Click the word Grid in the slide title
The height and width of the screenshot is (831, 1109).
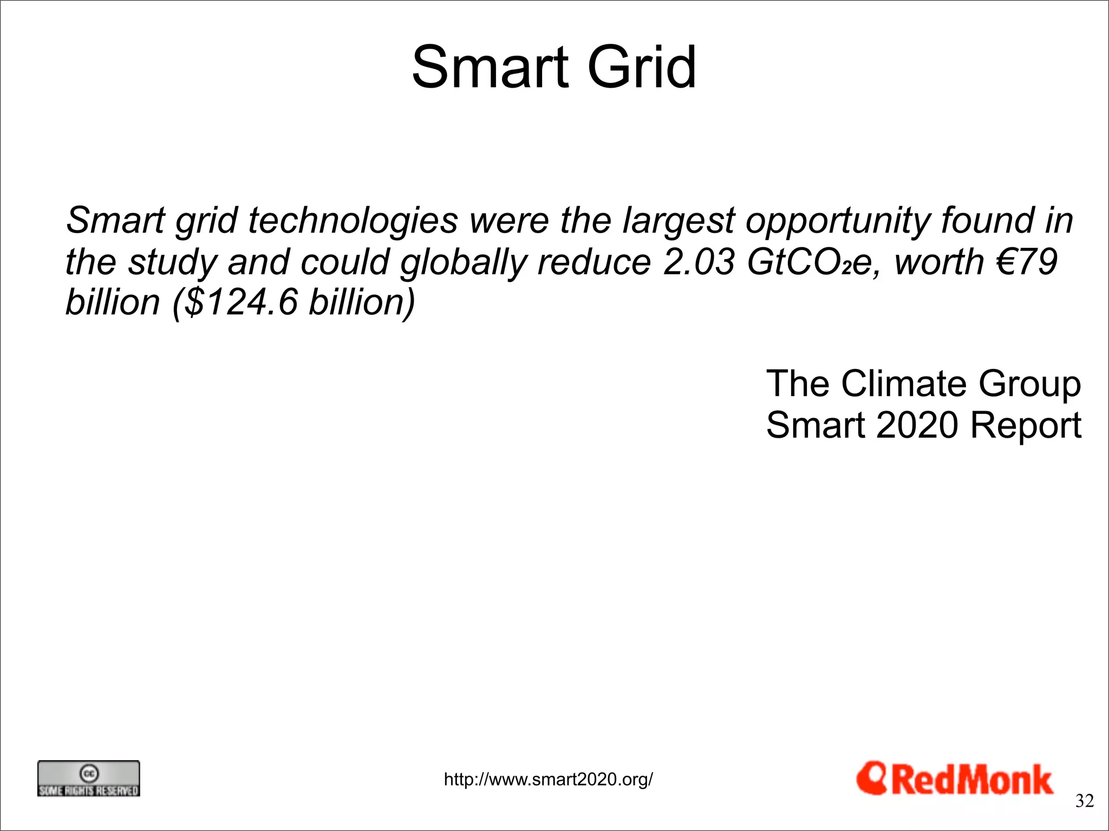(x=641, y=68)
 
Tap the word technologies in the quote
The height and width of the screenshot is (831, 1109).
(x=353, y=221)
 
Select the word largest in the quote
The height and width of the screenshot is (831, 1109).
(x=679, y=221)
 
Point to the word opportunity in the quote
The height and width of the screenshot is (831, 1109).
(x=837, y=221)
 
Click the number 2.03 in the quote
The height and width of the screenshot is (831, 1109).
(x=699, y=262)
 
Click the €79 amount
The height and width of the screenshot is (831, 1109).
(x=1026, y=262)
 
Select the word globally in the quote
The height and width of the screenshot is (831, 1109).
(x=463, y=262)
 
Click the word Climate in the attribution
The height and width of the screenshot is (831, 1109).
(x=903, y=384)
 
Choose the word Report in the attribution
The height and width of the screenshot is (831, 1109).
(x=1026, y=425)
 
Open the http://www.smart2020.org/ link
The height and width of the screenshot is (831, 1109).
(x=548, y=780)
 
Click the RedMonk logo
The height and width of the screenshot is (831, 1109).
(x=955, y=780)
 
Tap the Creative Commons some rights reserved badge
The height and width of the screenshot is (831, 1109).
(x=88, y=779)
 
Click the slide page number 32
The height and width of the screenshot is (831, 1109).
(x=1084, y=801)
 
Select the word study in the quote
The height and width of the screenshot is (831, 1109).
(x=172, y=262)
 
